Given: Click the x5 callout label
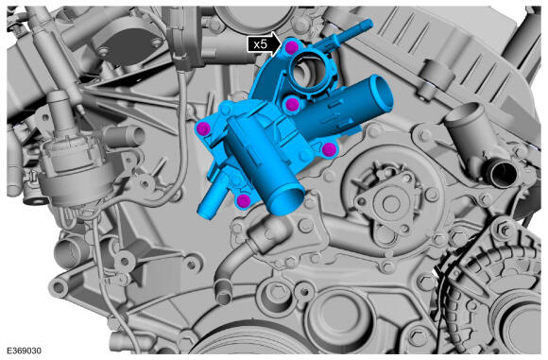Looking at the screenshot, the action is point(261,44).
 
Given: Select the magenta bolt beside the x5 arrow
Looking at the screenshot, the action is point(291,47).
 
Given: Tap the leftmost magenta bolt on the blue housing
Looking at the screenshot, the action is point(203,129).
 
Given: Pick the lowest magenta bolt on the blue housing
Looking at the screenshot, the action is point(243,200).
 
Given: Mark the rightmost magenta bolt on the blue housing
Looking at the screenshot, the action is point(329,150).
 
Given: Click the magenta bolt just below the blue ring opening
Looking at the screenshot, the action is point(292,105).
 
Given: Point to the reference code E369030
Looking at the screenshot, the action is point(24,351).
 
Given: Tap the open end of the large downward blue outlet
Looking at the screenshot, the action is point(286,201).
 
